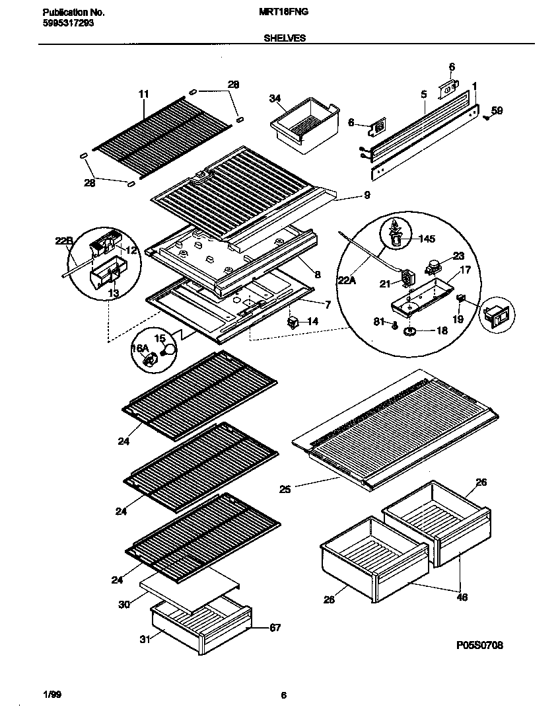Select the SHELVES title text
click(284, 38)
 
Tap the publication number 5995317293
click(66, 22)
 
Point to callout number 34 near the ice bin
click(275, 98)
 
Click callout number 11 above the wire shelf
click(144, 95)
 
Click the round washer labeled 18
click(409, 330)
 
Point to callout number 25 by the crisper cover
click(285, 490)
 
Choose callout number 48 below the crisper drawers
click(462, 597)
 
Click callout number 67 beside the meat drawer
click(275, 628)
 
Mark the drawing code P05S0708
click(479, 645)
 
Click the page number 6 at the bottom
click(283, 695)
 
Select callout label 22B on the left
click(63, 241)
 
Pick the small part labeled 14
click(292, 323)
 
